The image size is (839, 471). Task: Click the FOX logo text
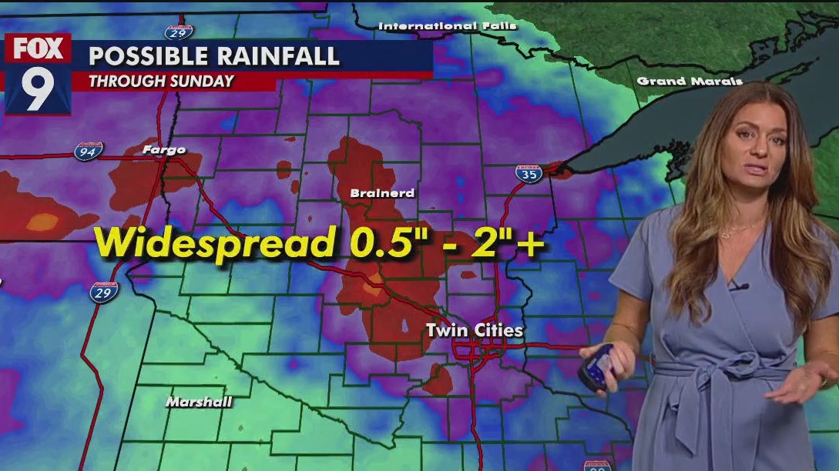pos(38,49)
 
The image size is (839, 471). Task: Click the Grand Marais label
pos(690,81)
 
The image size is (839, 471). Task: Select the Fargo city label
pos(164,149)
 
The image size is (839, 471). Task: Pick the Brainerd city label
pos(382,193)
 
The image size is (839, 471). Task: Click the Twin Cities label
pos(475,331)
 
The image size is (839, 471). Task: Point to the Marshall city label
pos(199,402)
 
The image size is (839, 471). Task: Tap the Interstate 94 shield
pos(89,151)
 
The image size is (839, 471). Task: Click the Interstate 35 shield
pos(529,173)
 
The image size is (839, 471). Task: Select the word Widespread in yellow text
pos(213,242)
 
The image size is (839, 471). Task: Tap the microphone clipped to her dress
pos(738,287)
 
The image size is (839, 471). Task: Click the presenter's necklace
pos(740,229)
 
